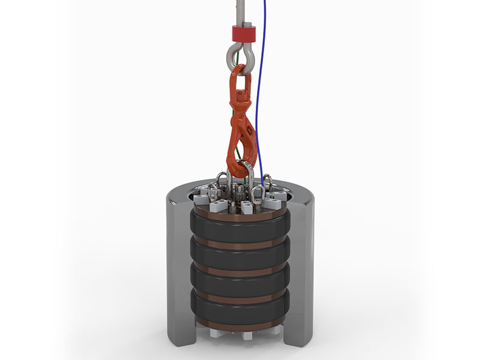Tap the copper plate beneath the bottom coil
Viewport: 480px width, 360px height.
239,324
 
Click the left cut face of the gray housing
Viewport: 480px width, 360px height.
177,267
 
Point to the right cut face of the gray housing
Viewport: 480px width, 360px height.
302,267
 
